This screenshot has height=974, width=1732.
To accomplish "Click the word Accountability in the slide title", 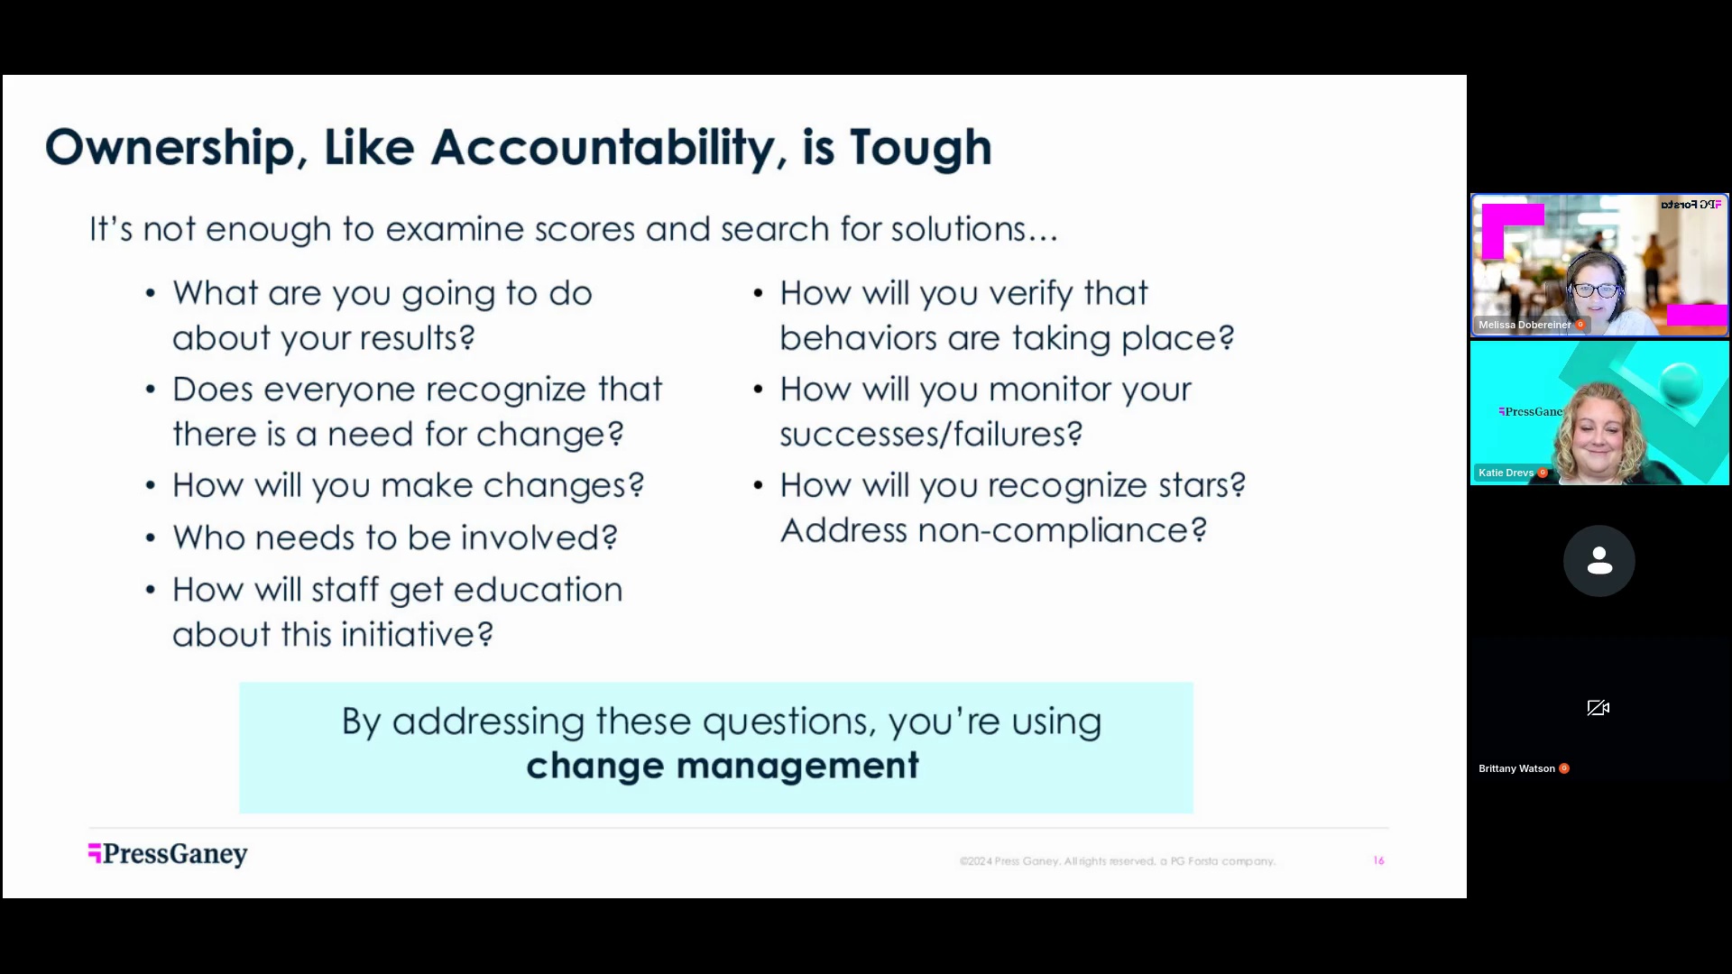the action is (602, 148).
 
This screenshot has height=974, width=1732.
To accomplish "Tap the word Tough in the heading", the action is (920, 148).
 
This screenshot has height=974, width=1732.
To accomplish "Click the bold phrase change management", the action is (723, 766).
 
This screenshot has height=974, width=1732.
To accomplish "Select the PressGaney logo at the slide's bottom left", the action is (168, 854).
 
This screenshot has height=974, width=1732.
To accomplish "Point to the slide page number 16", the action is (1378, 861).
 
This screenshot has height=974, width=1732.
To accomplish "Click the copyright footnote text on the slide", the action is (1117, 861).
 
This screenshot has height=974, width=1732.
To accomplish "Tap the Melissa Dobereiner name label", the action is (1525, 325).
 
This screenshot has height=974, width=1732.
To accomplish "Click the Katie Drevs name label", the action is (1506, 473).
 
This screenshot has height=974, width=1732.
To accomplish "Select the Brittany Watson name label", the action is (1516, 768).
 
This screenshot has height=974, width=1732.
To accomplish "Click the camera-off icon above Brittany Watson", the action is (1598, 708).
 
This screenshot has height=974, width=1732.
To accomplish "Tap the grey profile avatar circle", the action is (1598, 561).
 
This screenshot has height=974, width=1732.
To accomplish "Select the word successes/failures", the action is (931, 435).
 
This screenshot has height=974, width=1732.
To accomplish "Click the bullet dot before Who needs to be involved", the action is (151, 538).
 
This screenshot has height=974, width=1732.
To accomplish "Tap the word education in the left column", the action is (538, 590).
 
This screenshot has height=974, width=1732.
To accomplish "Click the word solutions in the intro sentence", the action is (974, 229).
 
